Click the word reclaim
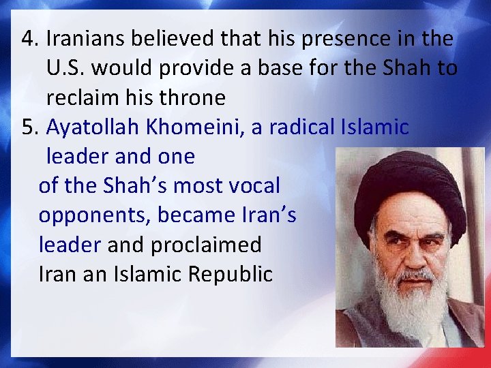(85, 98)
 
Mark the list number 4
(29, 40)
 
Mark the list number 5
(29, 127)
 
